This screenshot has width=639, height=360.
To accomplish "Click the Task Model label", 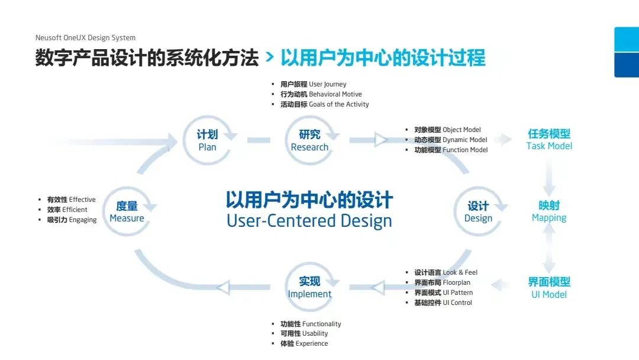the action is pos(549,140).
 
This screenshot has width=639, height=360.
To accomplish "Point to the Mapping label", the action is pos(549,211).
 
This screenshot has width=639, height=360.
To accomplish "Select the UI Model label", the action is pos(549,288).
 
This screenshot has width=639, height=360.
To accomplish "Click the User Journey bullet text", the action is pos(314,84).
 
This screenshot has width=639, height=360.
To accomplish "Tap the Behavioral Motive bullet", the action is pos(321,94).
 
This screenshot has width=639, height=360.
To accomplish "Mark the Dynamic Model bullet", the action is pos(451,140).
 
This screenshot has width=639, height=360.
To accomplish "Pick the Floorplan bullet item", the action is pos(442,282).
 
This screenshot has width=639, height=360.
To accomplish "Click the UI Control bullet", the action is pos(443,303).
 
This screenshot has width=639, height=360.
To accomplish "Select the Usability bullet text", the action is pos(304,333).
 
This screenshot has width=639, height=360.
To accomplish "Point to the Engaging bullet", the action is pos(72,220).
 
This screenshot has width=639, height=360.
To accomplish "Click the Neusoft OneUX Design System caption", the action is pos(85,37).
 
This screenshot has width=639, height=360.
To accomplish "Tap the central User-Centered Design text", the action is pos(309,221).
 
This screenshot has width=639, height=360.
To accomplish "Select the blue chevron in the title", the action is pos(269,57).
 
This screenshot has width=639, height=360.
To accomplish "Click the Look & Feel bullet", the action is pos(446,272).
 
